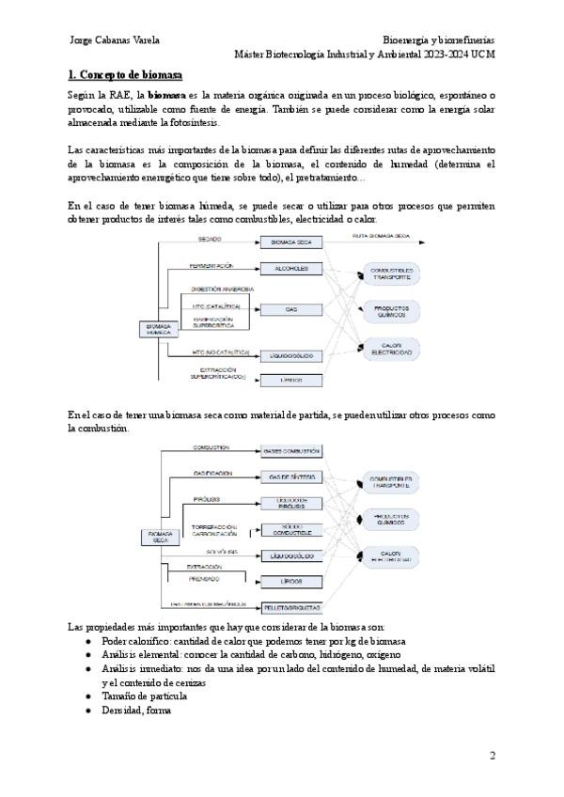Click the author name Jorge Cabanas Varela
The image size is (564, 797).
click(x=116, y=40)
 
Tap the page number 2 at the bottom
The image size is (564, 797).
click(x=492, y=756)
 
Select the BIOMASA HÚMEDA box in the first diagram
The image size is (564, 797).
click(x=156, y=329)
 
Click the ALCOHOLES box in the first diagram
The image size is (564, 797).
click(x=290, y=269)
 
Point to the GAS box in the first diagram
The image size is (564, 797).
click(x=290, y=309)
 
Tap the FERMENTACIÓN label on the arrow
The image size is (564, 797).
click(x=211, y=266)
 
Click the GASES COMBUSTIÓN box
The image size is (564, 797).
click(x=291, y=451)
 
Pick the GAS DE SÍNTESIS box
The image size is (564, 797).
click(x=291, y=477)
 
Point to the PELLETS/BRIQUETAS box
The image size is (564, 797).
click(x=291, y=607)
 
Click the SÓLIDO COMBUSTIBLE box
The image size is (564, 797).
click(x=291, y=529)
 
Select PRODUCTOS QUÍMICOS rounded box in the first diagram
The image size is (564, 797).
click(x=391, y=310)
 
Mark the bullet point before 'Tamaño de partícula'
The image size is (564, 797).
click(x=88, y=696)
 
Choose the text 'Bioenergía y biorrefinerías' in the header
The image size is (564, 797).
click(x=439, y=40)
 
